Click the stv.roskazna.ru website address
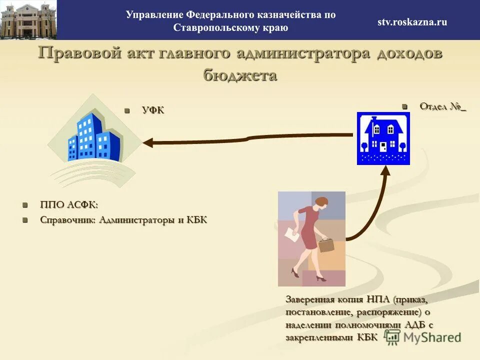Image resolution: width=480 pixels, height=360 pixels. (x=412, y=21)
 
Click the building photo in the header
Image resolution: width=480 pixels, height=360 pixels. (x=28, y=20)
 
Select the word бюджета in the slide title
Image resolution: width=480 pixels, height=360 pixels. (x=240, y=75)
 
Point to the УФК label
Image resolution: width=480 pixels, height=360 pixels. (x=152, y=110)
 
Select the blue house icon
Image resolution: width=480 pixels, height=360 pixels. (x=383, y=138)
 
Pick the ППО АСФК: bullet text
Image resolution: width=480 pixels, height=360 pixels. (x=69, y=205)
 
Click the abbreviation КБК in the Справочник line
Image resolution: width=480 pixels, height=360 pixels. (x=196, y=220)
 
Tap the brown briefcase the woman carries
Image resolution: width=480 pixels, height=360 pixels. (x=326, y=244)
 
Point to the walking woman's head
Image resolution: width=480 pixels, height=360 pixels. (x=320, y=202)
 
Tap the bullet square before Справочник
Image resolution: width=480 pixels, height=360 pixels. (x=25, y=220)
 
